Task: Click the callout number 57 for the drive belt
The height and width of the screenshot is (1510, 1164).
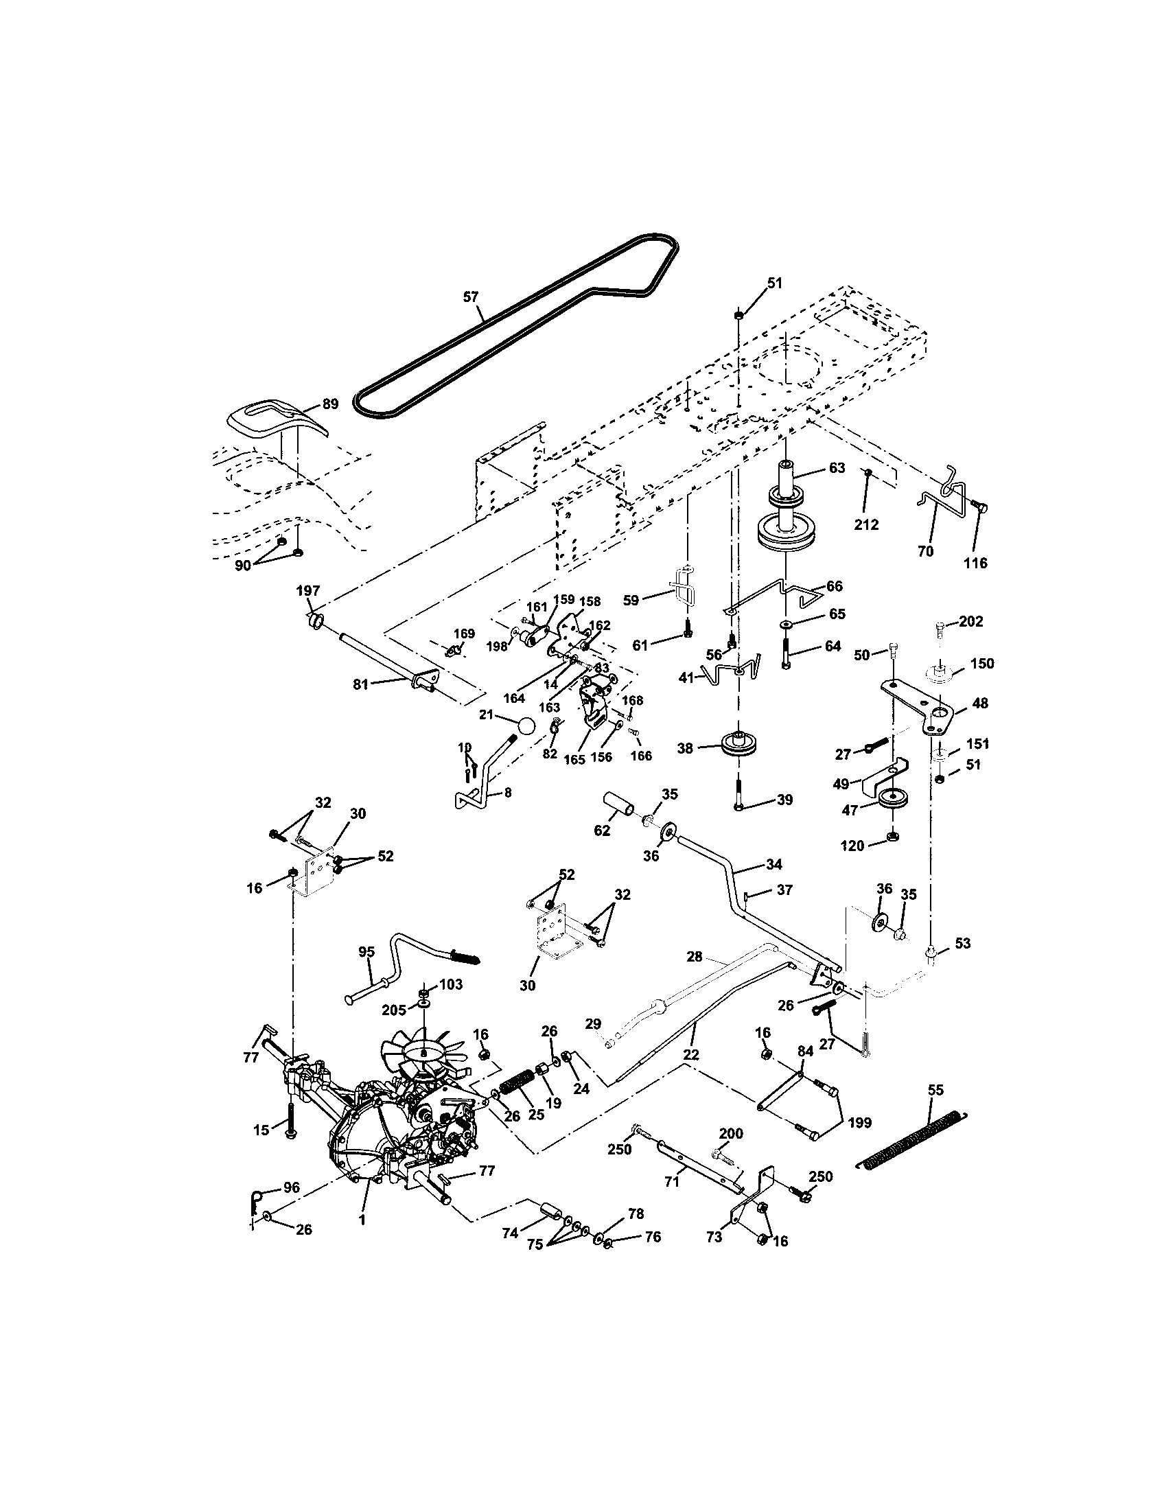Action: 470,297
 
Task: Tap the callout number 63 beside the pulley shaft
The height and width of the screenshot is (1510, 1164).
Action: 837,468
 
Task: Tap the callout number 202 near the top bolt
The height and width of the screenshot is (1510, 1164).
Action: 970,622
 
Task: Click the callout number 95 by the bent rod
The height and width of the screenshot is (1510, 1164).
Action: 366,952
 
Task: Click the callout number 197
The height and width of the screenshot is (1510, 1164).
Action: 308,590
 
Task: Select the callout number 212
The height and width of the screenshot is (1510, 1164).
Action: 866,525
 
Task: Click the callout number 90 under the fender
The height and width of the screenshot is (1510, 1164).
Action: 244,565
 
